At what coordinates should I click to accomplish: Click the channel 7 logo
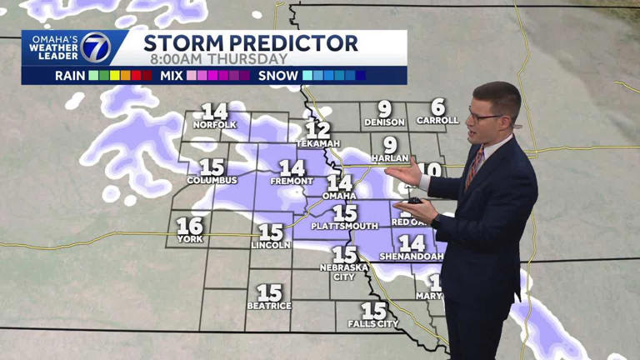tap(95, 47)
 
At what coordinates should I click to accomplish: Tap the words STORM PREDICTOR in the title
tap(251, 43)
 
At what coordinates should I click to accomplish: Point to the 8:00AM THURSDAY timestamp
tap(219, 59)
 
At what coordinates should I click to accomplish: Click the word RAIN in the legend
tap(70, 75)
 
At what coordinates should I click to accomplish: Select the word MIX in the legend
tap(172, 75)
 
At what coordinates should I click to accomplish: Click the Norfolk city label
tap(215, 125)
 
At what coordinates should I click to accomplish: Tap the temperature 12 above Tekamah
tap(317, 130)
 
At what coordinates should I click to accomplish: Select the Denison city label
tap(384, 122)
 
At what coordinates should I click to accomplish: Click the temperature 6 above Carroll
tap(437, 107)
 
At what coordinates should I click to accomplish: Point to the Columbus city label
tap(212, 180)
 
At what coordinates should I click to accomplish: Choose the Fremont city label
tap(292, 181)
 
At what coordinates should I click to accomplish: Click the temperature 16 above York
tap(190, 226)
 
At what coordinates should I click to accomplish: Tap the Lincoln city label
tap(271, 245)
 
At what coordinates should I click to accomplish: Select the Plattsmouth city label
tap(344, 226)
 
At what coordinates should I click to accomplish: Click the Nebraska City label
tap(344, 272)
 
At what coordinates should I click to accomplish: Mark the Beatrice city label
tap(269, 306)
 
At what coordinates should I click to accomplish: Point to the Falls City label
tap(373, 323)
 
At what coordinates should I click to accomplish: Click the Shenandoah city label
tap(412, 257)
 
